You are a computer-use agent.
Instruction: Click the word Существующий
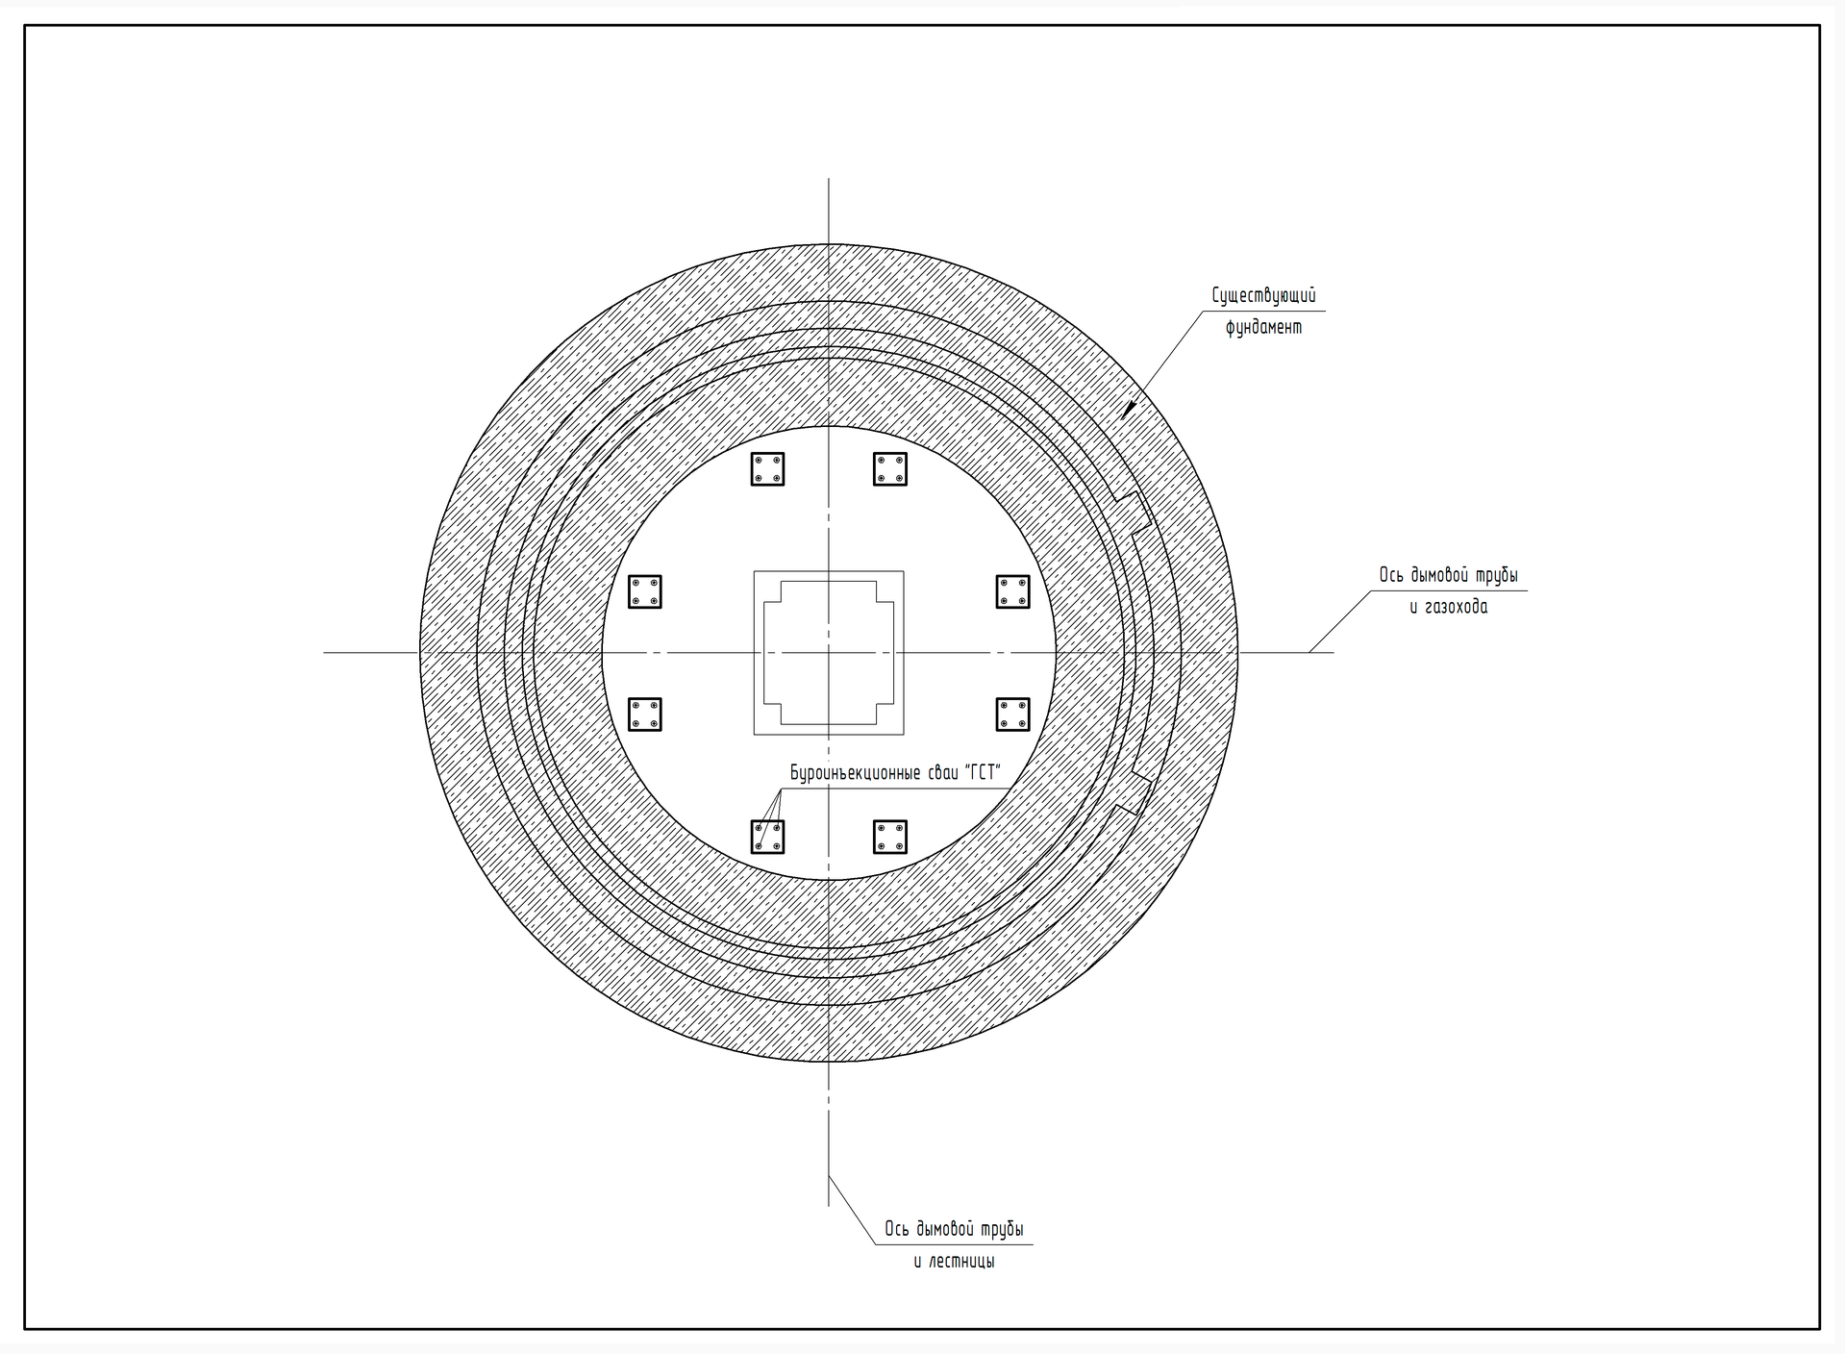[1263, 296]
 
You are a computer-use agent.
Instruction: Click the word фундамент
[1263, 327]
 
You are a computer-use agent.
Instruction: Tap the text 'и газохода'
[1448, 607]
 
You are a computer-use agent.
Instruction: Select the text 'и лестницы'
[954, 1261]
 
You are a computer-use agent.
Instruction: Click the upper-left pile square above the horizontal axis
[767, 469]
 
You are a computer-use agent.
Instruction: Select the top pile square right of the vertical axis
[890, 469]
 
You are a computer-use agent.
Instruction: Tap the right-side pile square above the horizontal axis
[1012, 591]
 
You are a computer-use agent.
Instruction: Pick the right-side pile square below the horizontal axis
[1012, 715]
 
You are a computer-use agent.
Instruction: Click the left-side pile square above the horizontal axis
[645, 591]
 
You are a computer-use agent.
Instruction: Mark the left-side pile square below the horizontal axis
[645, 715]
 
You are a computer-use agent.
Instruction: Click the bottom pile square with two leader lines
[767, 837]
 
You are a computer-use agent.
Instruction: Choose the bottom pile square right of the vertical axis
[890, 837]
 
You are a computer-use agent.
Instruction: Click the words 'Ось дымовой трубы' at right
[1448, 575]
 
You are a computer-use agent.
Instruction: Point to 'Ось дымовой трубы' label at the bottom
[954, 1229]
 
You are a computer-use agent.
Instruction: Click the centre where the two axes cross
[829, 653]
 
